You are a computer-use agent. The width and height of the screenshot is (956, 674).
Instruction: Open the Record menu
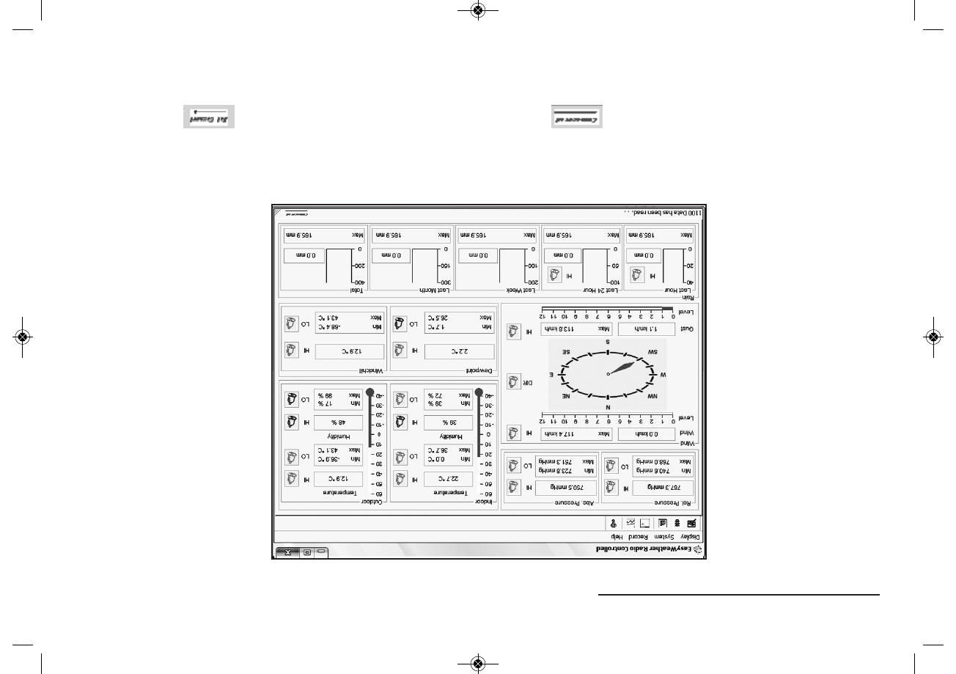click(x=639, y=537)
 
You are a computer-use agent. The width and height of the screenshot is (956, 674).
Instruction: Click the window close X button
click(x=287, y=551)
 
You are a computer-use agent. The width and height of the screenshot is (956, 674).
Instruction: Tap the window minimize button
click(x=321, y=551)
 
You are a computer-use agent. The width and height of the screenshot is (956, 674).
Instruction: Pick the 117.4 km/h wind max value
click(x=569, y=433)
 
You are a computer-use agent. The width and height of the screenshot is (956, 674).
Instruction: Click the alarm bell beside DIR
click(x=514, y=382)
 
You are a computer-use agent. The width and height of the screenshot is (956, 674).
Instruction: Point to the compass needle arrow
click(x=619, y=369)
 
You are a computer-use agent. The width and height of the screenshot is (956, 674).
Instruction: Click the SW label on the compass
click(x=651, y=352)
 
